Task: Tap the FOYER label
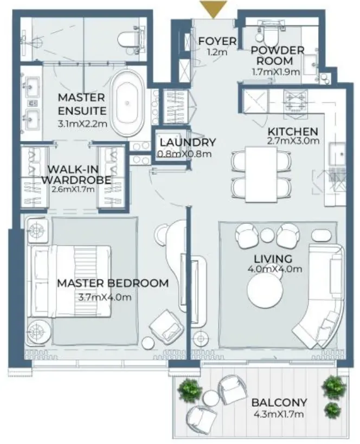click(x=217, y=41)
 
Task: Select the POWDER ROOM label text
click(x=278, y=55)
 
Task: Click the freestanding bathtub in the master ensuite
click(x=127, y=103)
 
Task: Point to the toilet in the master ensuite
click(x=129, y=40)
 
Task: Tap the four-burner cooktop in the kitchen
click(x=296, y=101)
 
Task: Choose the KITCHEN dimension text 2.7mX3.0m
click(x=293, y=141)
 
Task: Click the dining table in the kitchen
click(x=261, y=174)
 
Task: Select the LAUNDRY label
click(x=188, y=142)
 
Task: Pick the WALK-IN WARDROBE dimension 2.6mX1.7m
click(x=73, y=189)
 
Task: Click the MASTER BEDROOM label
click(x=113, y=283)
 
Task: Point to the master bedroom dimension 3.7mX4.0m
click(x=105, y=297)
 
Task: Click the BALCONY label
click(x=279, y=402)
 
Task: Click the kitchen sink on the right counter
click(x=337, y=155)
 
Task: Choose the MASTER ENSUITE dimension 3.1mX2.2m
click(x=82, y=124)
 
